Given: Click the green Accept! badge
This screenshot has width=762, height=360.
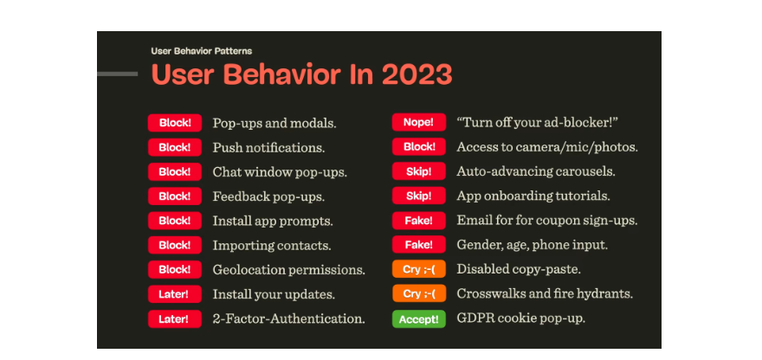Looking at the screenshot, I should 419,318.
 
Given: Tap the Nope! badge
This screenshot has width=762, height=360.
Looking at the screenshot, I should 419,122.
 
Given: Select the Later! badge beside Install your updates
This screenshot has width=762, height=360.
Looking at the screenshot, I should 174,294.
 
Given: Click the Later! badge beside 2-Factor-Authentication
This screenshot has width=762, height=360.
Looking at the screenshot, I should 174,318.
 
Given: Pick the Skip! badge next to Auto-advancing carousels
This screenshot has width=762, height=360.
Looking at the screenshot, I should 419,171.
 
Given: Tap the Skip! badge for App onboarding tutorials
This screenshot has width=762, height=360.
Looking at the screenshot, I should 419,196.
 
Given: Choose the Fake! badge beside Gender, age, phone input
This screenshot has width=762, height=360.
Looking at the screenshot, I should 419,245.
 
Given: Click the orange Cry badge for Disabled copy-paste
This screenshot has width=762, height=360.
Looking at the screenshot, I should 419,269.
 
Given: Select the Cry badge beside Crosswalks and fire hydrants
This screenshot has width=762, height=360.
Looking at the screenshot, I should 419,294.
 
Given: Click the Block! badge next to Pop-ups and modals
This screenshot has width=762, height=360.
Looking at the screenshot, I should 174,122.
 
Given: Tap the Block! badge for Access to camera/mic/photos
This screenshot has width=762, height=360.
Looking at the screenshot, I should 419,147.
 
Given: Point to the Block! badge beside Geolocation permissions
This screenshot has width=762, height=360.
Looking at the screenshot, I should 174,269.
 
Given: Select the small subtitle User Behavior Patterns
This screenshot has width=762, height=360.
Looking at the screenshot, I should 202,51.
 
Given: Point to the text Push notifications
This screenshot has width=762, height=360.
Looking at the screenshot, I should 268,147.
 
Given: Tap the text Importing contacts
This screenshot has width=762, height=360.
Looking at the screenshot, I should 272,245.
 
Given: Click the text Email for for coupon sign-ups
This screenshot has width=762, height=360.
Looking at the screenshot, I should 547,221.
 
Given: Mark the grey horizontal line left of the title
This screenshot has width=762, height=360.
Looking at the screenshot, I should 117,74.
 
